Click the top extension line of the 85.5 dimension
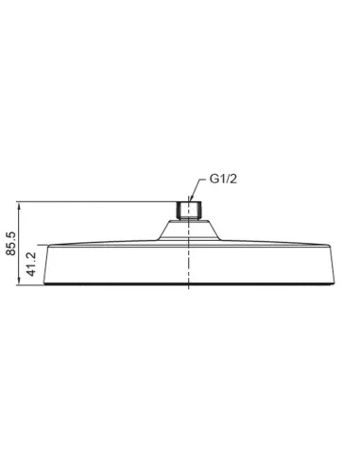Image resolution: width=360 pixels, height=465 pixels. coord(94,201)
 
